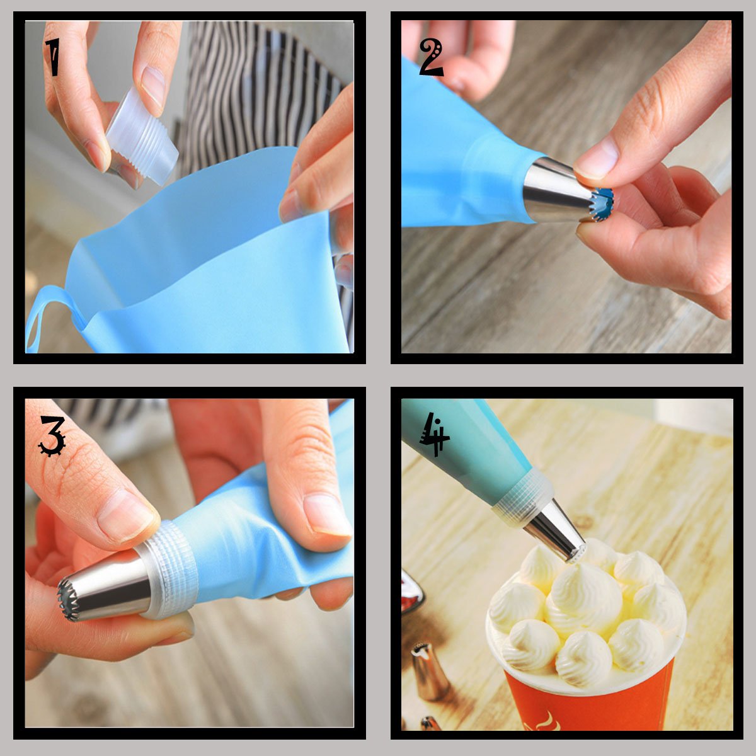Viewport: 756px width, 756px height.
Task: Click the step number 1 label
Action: (52, 57)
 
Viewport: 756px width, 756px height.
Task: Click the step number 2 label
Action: (431, 58)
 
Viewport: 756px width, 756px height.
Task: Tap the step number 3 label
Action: (52, 436)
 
